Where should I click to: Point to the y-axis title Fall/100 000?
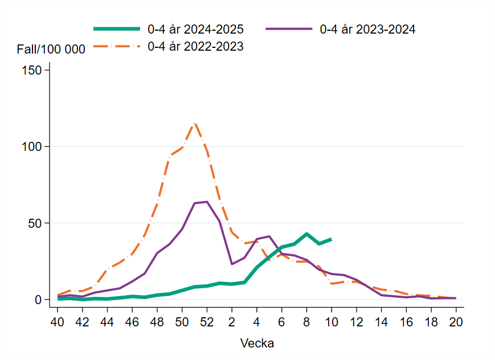(x=51, y=50)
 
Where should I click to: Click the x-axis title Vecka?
(x=257, y=343)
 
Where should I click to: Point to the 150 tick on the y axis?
(x=32, y=70)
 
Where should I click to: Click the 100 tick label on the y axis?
(x=32, y=146)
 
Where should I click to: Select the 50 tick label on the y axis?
(x=35, y=223)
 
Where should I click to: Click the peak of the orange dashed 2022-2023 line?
(x=194, y=122)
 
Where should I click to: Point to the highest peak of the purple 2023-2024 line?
(x=207, y=202)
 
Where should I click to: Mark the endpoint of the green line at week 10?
(x=331, y=239)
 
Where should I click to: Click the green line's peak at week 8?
(x=306, y=234)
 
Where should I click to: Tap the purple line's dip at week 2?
(x=232, y=264)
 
